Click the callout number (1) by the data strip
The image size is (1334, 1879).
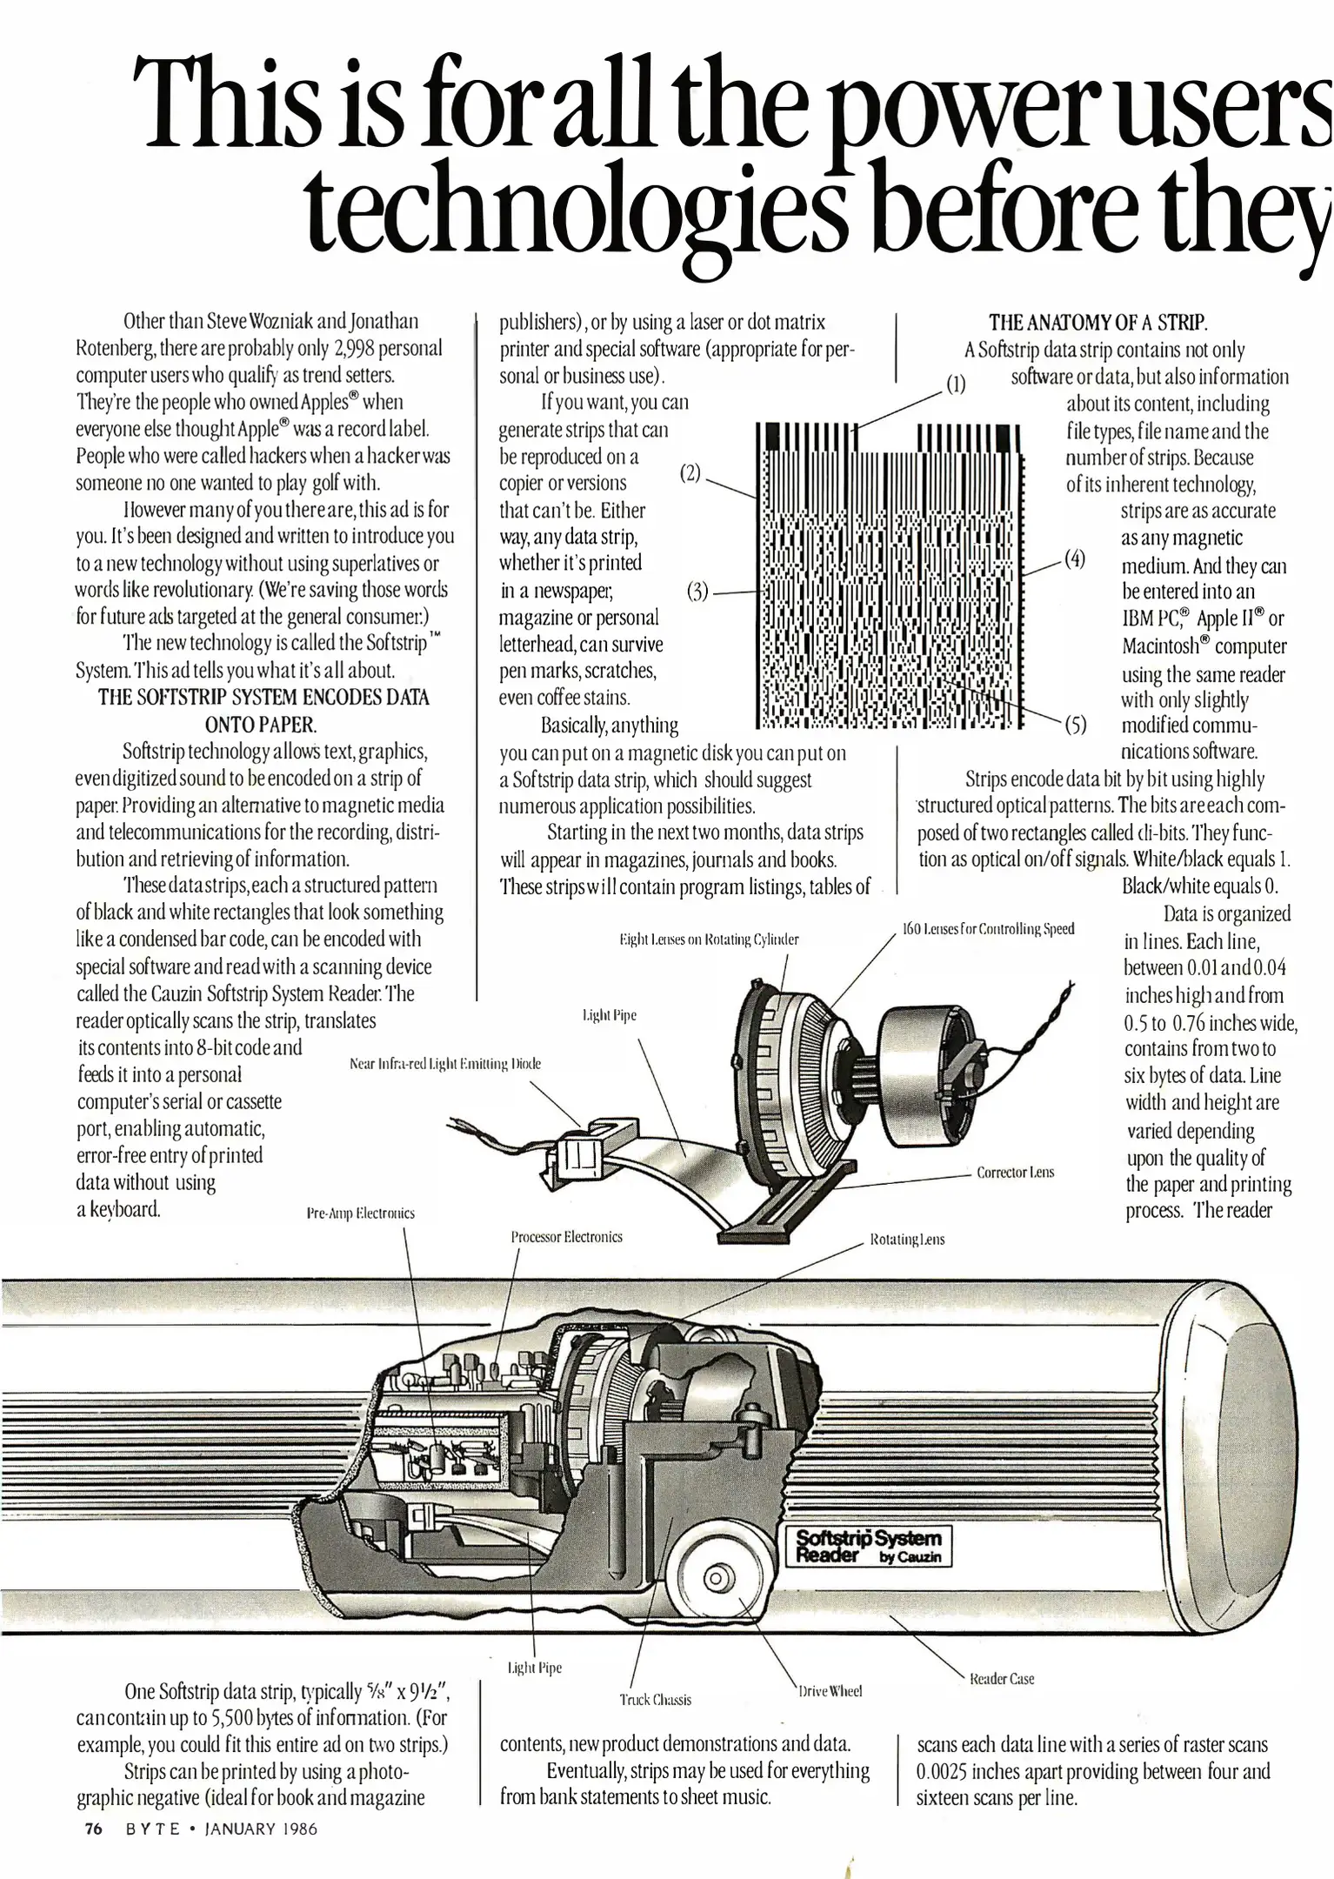[x=956, y=384]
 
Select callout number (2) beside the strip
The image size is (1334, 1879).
[x=690, y=474]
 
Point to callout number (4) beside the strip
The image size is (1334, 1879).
[x=1075, y=558]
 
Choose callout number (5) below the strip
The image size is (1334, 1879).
[x=1076, y=725]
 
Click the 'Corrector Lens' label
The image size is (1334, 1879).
[x=1015, y=1173]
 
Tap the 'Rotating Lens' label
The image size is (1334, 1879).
[x=907, y=1240]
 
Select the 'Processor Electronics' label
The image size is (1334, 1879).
[x=566, y=1237]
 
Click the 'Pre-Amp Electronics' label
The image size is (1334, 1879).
[x=361, y=1214]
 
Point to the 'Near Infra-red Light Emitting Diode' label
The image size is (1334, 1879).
[x=444, y=1063]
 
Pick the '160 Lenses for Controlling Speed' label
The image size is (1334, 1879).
[x=989, y=929]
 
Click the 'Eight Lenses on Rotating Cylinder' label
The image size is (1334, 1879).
[x=708, y=940]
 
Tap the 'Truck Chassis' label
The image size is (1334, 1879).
[x=655, y=1700]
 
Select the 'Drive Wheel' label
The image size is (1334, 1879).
[x=830, y=1691]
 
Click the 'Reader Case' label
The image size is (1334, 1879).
[x=1002, y=1679]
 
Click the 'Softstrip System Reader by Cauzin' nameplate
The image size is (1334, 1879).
[x=870, y=1546]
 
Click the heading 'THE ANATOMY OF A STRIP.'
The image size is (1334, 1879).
[x=1097, y=324]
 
